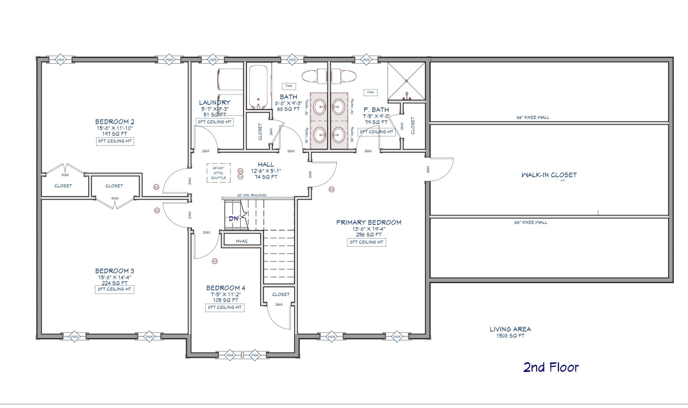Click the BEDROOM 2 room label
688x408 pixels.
coord(115,122)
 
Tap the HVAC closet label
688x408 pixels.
coord(242,241)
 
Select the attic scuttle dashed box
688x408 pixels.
coord(219,173)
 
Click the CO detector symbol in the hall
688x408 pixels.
coord(240,177)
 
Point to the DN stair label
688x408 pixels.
coord(234,219)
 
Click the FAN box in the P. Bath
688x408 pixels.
coord(370,92)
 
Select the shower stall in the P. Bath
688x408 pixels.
coord(406,81)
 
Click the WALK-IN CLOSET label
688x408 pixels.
coord(549,175)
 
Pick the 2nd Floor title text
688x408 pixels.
coord(551,367)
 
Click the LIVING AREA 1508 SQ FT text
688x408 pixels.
coord(510,332)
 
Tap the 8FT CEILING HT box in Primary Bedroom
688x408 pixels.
coord(366,242)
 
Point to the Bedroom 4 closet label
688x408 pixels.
coord(281,294)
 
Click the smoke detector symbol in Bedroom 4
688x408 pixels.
coord(214,261)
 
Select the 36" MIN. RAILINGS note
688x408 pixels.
coord(251,195)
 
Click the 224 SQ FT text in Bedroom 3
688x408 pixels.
coord(114,283)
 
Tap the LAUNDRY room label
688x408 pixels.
coord(214,103)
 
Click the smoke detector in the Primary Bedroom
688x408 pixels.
coord(331,189)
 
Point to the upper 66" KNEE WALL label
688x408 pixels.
coord(533,118)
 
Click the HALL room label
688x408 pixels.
coord(266,165)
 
